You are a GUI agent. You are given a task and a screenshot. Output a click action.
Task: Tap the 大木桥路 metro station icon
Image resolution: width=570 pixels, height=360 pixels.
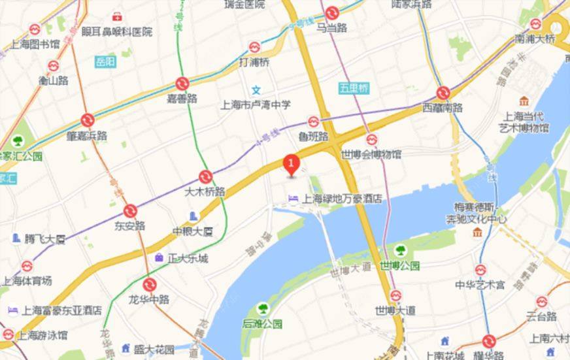[x=205, y=176]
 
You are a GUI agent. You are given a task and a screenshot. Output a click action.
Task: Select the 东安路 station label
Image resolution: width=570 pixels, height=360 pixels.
[x=130, y=225]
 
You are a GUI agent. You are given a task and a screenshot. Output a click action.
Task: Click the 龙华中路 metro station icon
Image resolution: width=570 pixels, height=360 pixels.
[x=150, y=284]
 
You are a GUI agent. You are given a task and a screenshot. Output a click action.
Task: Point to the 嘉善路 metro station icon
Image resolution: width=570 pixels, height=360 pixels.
[x=182, y=83]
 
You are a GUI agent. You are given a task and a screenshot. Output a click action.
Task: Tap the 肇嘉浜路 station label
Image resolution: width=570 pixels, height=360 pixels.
[x=87, y=135]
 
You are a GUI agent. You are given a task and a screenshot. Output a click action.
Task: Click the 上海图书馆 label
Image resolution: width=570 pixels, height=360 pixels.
[x=35, y=44]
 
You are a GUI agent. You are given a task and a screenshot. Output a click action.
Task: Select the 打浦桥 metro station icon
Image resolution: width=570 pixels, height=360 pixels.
[x=254, y=47]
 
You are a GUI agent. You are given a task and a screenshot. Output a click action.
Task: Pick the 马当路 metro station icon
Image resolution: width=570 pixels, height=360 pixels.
[x=331, y=12]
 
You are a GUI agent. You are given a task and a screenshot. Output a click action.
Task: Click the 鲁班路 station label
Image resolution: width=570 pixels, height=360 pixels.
[x=312, y=137]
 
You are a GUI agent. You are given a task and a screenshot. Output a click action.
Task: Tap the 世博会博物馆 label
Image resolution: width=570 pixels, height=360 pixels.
[x=371, y=154]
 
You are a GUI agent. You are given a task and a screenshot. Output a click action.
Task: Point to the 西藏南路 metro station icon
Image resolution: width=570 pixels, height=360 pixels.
[x=443, y=93]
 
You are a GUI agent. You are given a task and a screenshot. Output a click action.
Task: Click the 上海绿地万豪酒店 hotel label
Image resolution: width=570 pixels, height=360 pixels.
[x=342, y=199]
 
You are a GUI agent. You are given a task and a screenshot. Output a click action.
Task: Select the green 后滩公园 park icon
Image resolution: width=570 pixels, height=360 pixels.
[x=262, y=307]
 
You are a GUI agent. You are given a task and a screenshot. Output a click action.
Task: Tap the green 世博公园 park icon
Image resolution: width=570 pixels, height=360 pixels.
[x=399, y=250]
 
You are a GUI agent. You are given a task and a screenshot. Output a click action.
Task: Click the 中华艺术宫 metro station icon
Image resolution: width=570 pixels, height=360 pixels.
[x=480, y=269]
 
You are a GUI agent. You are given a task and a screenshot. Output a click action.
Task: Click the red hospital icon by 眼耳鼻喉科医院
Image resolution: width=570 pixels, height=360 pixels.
[x=117, y=16]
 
